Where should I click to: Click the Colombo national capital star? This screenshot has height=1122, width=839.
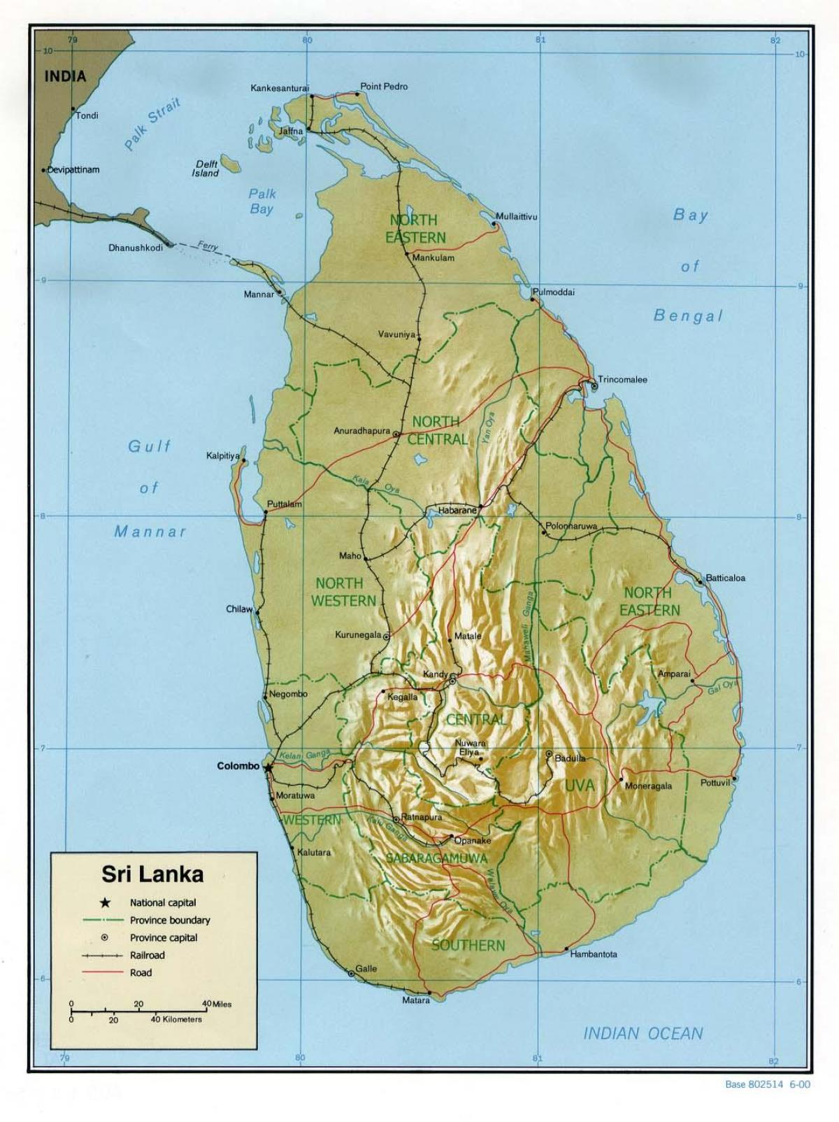coord(268,767)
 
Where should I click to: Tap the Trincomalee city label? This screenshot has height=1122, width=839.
coord(622,379)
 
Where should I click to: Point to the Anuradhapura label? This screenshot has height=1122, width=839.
coord(361,431)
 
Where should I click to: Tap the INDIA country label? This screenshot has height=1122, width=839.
coord(65,77)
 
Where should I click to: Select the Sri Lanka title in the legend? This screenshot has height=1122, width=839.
coord(153,874)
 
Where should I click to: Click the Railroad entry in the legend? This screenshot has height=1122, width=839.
coord(147,955)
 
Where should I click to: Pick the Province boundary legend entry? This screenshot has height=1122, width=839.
coord(170,920)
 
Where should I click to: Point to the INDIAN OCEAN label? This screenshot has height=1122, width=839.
coord(643,1032)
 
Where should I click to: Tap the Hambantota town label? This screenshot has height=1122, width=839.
coord(594,954)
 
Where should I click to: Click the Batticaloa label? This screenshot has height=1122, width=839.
coord(725,578)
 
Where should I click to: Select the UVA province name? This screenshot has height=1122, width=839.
coord(579,786)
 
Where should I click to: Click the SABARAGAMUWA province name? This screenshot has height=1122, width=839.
coord(436,858)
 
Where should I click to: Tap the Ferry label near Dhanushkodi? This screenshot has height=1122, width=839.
coord(208,247)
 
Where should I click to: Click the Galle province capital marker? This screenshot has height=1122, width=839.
coord(350,973)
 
